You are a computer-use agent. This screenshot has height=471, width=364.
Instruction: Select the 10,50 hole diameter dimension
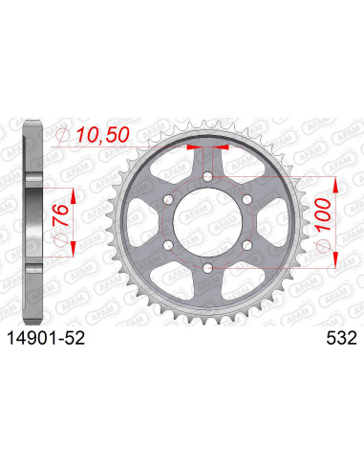[98, 139]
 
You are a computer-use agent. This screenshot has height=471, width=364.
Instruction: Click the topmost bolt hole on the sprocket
[209, 176]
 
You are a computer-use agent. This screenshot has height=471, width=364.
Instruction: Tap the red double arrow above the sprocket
[209, 148]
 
